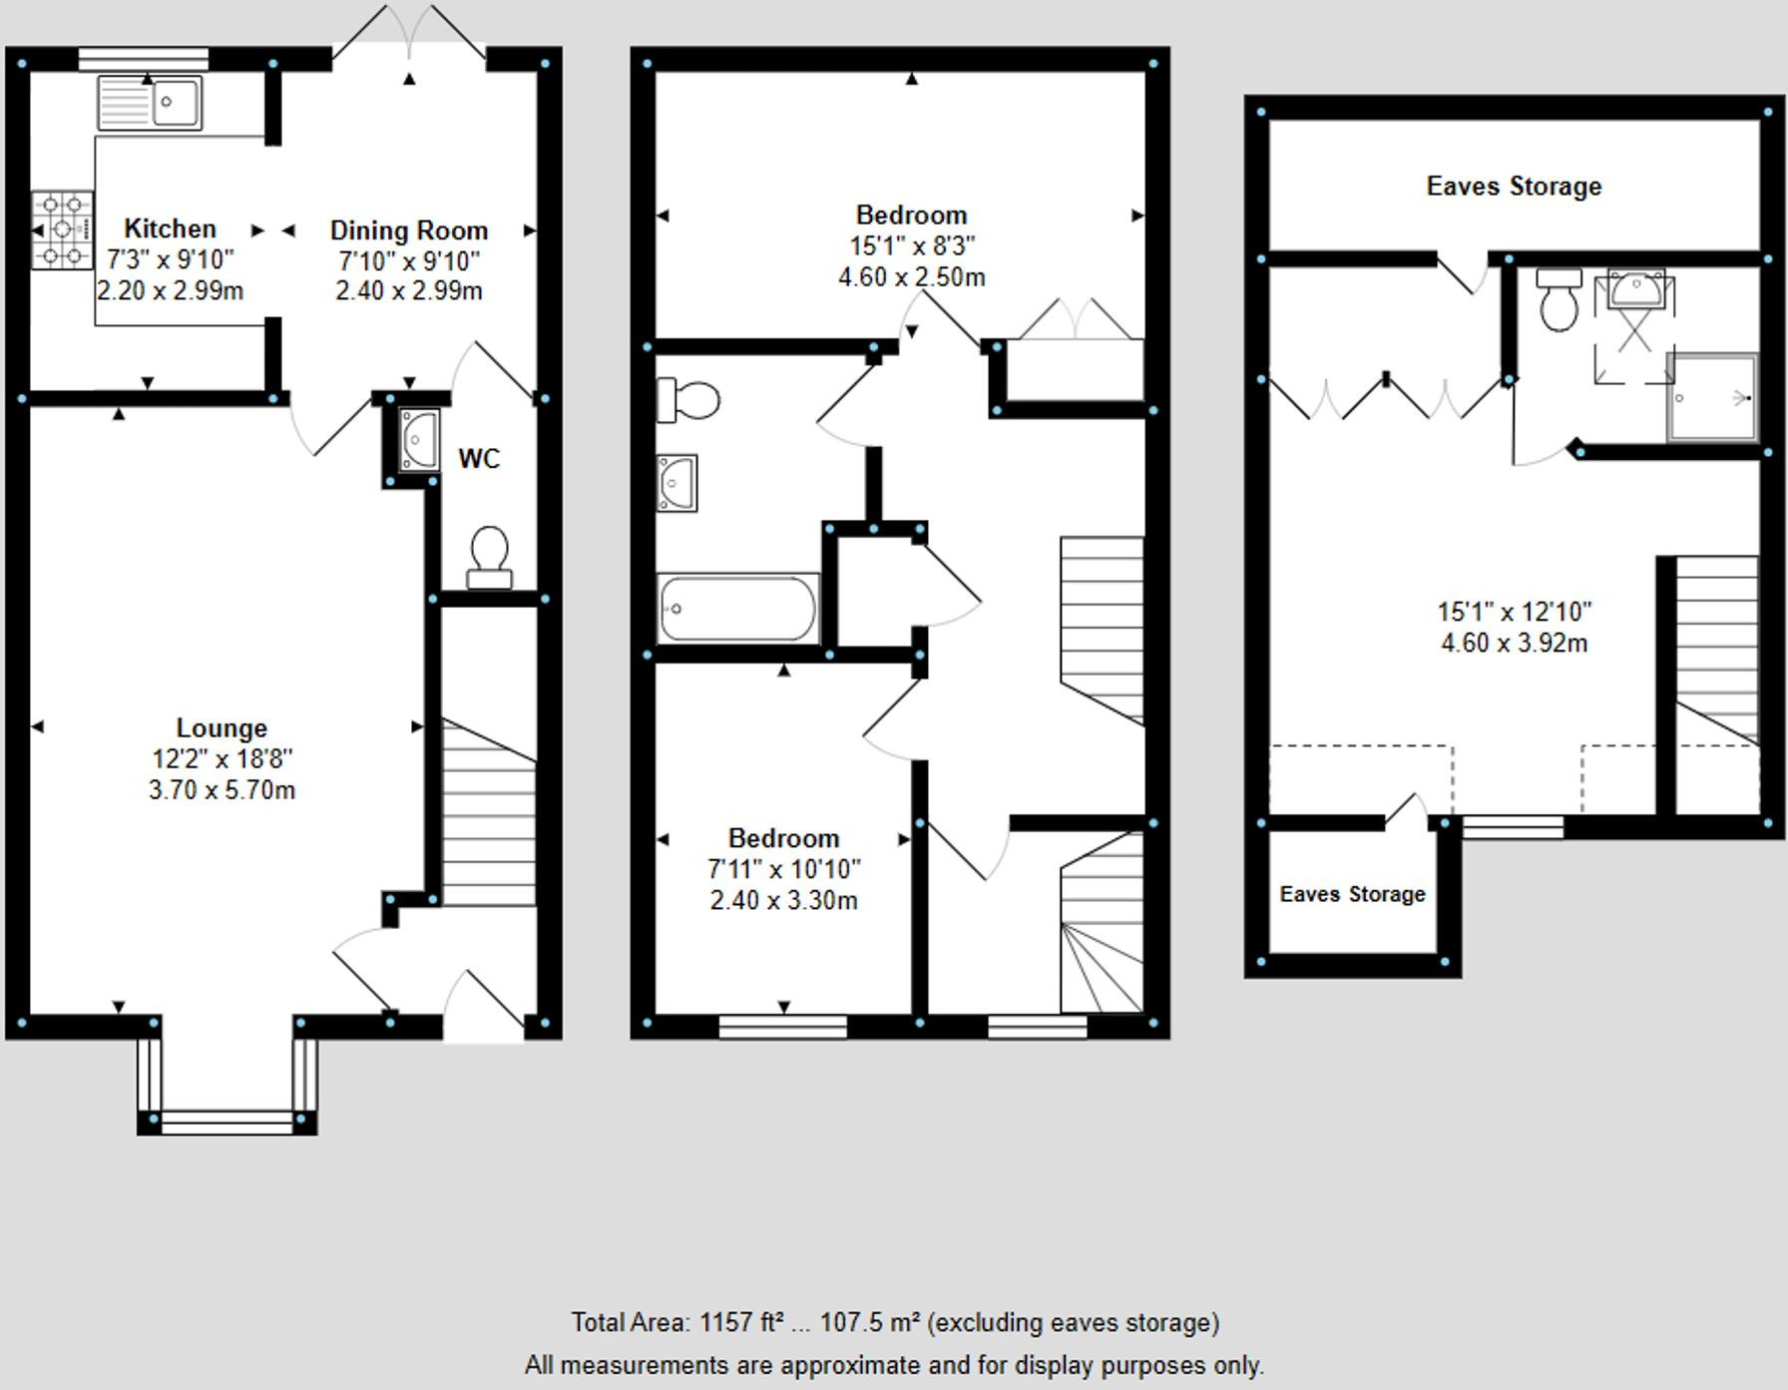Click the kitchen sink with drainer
coord(150,103)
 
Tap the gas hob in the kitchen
coord(62,231)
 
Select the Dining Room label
coord(409,231)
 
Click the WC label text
coord(479,459)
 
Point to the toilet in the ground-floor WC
coord(489,557)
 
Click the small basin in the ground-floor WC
coord(418,439)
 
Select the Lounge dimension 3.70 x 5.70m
coord(222,790)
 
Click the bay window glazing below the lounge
coord(227,1123)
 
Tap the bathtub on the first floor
coord(737,608)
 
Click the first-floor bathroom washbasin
coord(676,483)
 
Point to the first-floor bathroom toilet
coord(689,401)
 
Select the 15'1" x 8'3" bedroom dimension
coord(911,245)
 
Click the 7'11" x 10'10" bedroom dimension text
coord(783,869)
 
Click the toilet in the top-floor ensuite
coord(1559,299)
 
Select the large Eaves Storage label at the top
coord(1514,187)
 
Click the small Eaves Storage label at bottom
coord(1352,894)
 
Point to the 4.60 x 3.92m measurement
coord(1514,644)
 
